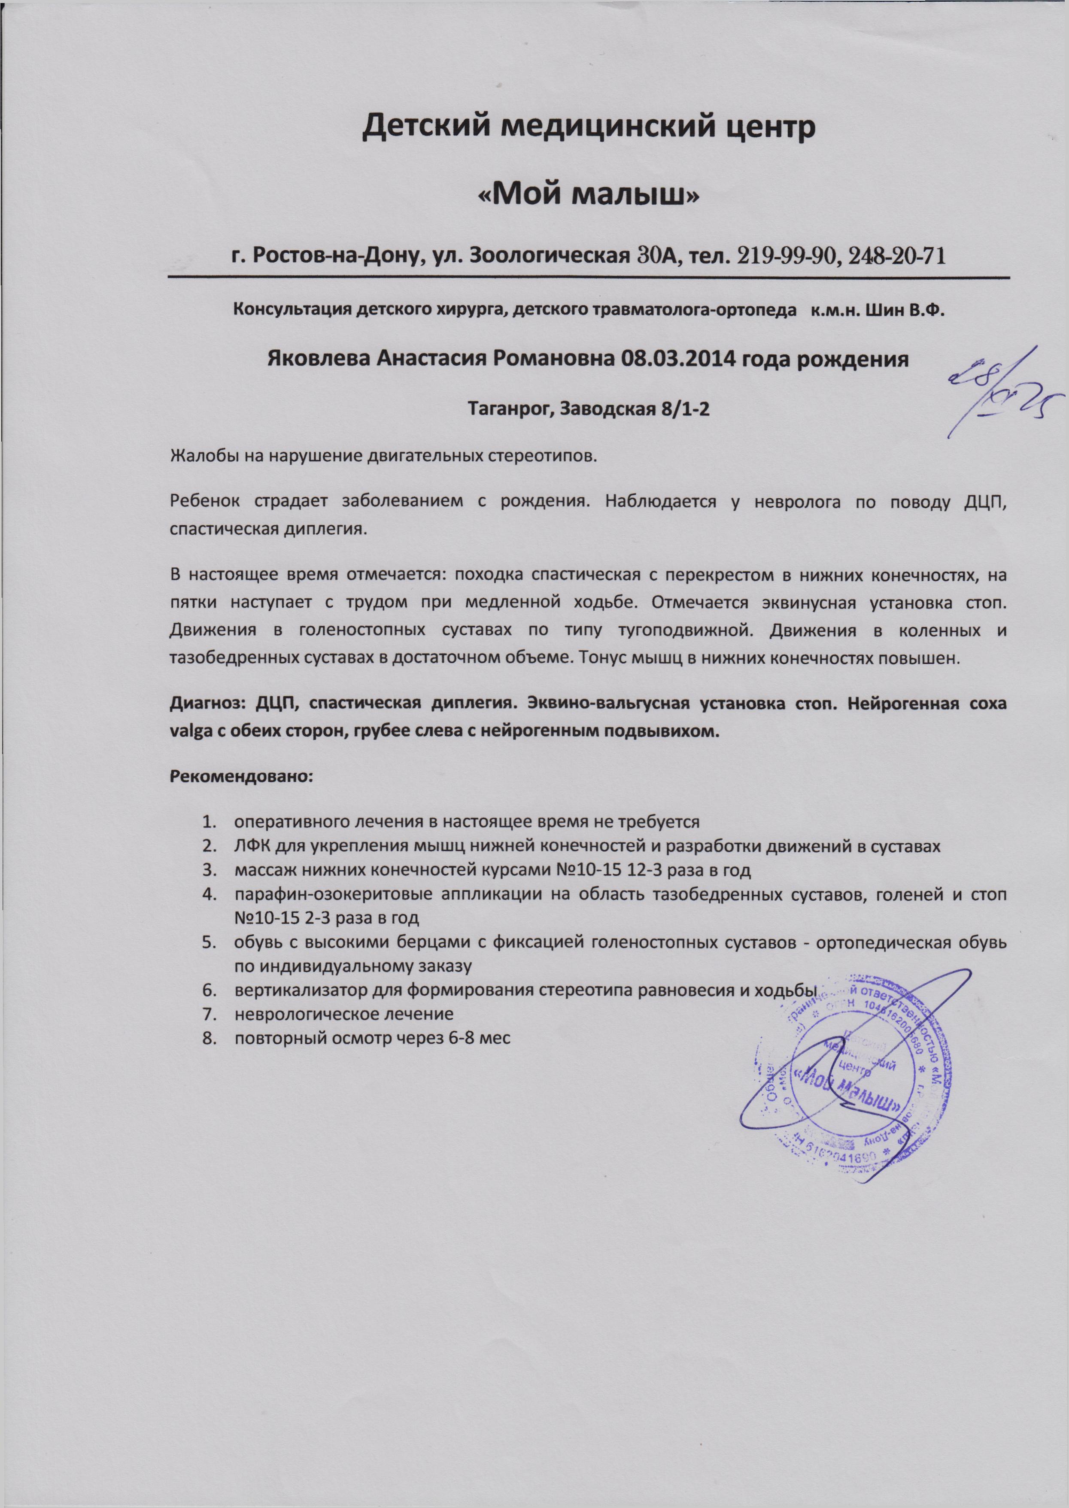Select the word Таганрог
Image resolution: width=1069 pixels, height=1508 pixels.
[x=505, y=409]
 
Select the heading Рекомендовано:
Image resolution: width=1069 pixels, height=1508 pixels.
[x=243, y=776]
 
